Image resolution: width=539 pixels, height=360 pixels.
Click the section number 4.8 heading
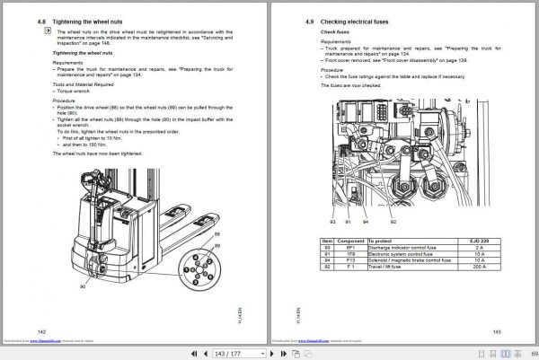[x=40, y=19]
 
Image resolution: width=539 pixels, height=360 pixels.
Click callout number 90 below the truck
[x=83, y=286]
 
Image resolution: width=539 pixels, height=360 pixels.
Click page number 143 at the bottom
[x=496, y=331]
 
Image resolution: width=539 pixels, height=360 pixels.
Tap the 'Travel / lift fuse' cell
[x=390, y=267]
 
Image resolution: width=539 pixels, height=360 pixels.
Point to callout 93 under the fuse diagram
[x=331, y=220]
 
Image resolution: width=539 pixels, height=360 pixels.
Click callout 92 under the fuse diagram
[x=393, y=220]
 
